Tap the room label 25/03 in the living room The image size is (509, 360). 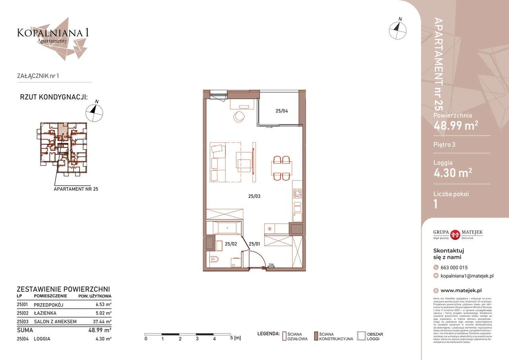tap(254, 196)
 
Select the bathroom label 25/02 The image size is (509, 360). tap(231, 244)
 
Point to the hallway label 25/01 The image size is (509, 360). tap(254, 244)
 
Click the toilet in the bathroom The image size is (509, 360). tap(215, 261)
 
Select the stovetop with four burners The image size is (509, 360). tap(297, 194)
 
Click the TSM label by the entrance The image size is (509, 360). tap(271, 265)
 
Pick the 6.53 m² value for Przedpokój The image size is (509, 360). tap(103, 305)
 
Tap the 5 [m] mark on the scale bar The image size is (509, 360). tap(235, 339)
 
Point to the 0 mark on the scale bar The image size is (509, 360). tap(146, 339)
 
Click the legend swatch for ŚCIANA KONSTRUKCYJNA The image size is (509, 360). tap(316, 337)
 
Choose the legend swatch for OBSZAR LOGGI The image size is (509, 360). tap(361, 337)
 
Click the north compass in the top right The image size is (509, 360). tap(398, 30)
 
